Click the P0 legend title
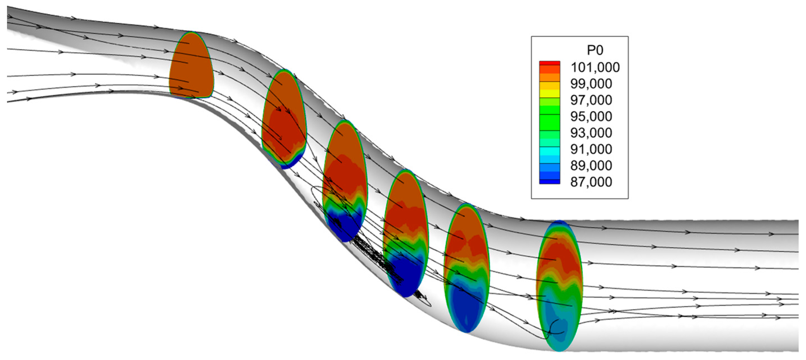[595, 50]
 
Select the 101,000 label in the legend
[595, 67]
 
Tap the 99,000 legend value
[591, 83]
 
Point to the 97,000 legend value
[591, 100]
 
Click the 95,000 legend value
[591, 116]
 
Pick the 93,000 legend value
[591, 133]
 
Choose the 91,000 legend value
[591, 149]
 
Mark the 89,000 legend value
[591, 165]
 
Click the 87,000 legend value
[591, 182]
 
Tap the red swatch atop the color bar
[549, 63]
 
